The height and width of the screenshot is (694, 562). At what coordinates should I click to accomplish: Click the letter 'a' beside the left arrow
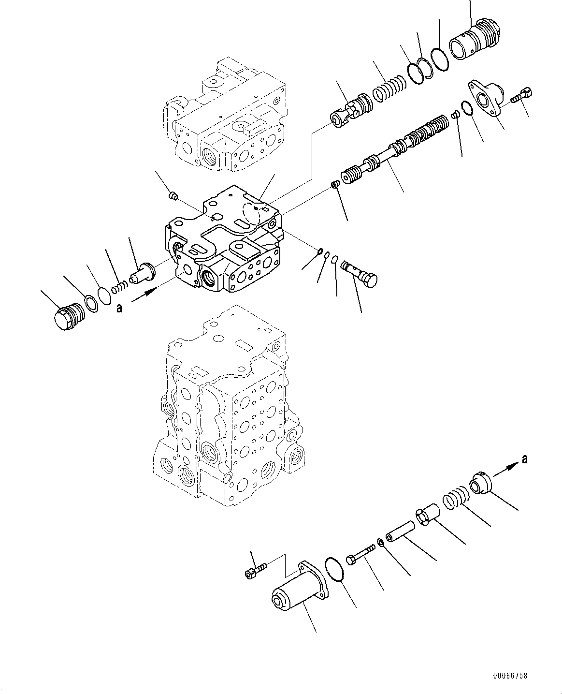tap(119, 308)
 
